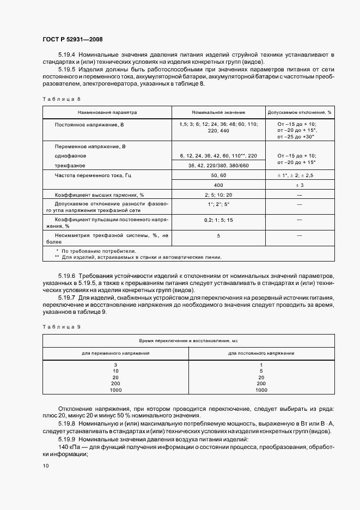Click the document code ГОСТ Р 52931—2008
[72, 40]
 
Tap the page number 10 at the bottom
[46, 465]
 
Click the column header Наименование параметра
[107, 112]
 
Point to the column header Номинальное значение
[218, 112]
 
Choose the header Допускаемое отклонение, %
[300, 112]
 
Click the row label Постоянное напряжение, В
[90, 125]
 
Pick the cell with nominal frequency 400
[218, 186]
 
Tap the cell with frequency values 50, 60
[218, 175]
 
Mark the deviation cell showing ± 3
[300, 186]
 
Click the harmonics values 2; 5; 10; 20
[218, 195]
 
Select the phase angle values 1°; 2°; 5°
[218, 204]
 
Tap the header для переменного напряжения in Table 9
[115, 353]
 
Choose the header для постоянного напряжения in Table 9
[261, 353]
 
